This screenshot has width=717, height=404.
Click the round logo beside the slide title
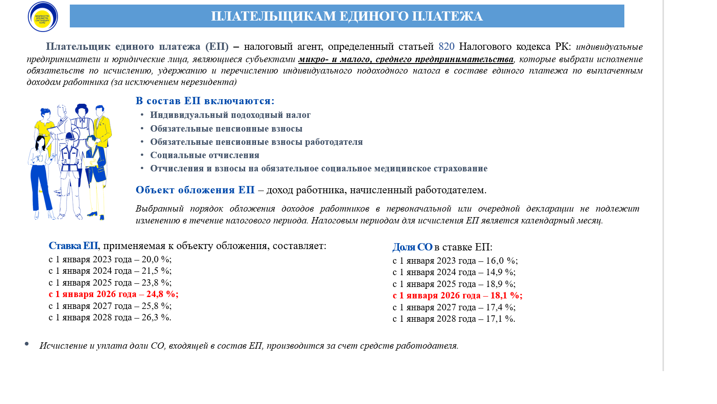coord(43,17)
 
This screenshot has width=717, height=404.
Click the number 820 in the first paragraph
coord(446,47)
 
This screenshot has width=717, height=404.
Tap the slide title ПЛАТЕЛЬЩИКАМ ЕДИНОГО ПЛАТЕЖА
coord(346,16)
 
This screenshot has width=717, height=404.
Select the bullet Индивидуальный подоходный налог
coord(230,115)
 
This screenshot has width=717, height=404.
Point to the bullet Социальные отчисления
coord(204,155)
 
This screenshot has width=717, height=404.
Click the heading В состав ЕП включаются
coord(205,101)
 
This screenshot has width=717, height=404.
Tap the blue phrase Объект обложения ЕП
coord(195,190)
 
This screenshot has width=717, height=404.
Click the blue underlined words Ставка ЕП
coord(73,246)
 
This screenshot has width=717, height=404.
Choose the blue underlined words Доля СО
coord(412,247)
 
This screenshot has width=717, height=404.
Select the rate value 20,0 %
coord(156,260)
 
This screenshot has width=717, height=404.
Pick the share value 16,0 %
coord(501,261)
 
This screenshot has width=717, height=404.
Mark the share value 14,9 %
coord(500,272)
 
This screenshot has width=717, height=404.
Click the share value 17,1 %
coord(500,319)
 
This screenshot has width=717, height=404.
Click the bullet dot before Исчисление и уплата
coord(27,344)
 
